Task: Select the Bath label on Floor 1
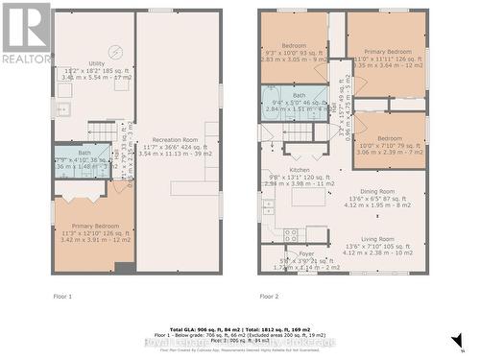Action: pyautogui.click(x=84, y=153)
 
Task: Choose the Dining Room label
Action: pyautogui.click(x=376, y=191)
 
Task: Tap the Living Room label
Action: pyautogui.click(x=376, y=239)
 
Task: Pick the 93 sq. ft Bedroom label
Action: pyautogui.click(x=294, y=45)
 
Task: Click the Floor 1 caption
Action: pyautogui.click(x=62, y=296)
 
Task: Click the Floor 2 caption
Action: pyautogui.click(x=270, y=296)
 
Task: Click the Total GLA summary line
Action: pyautogui.click(x=240, y=329)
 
